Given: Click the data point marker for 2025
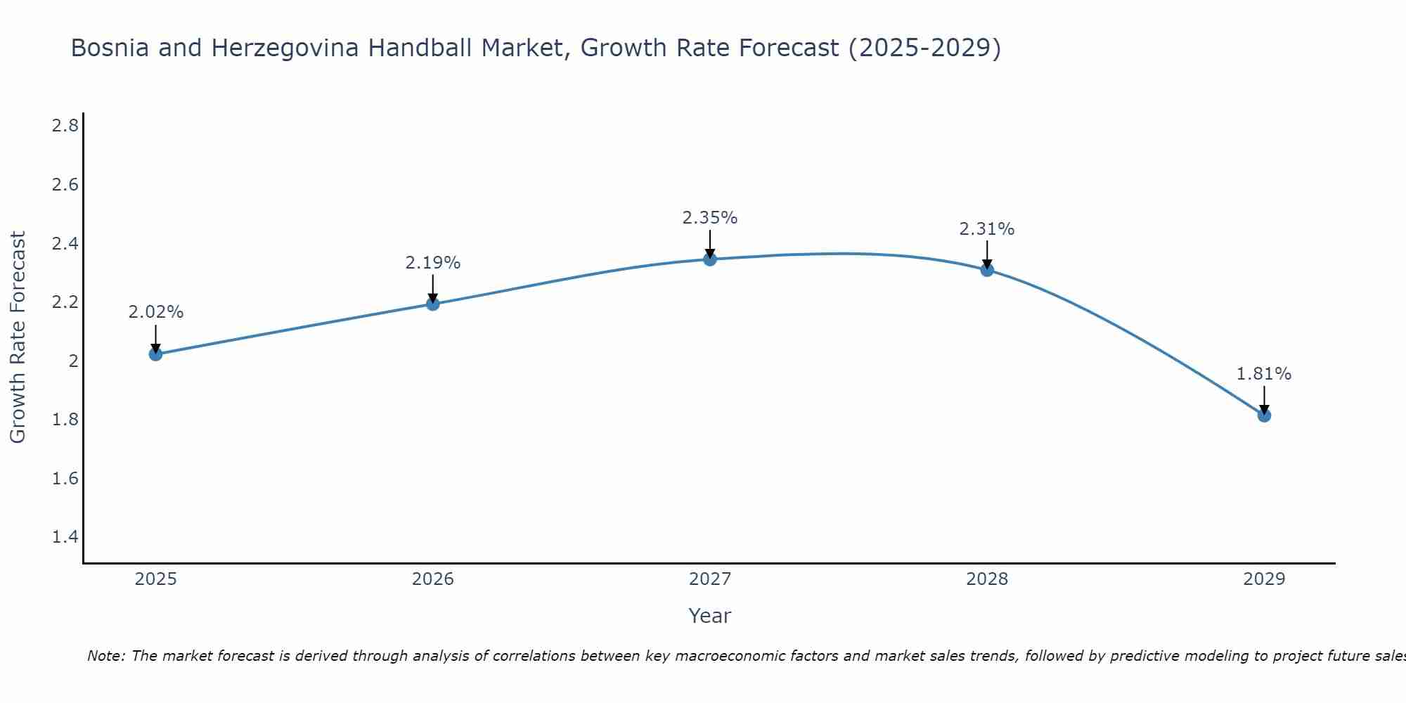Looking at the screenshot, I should coord(155,354).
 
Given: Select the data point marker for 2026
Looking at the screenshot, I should coord(432,304).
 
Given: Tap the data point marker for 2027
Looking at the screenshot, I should coord(709,259).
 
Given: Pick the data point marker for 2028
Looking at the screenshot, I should coord(986,269).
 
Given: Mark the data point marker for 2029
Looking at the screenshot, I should coord(1263,415).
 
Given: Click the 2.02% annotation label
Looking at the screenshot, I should coord(155,312).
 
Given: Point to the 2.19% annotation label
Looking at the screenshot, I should coord(432,263).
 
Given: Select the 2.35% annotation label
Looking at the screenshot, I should coord(709,218).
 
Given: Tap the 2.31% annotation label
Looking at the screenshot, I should coord(986,229).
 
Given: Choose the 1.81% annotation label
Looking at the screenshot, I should coord(1263,374).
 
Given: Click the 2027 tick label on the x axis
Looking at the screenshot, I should coord(709,579).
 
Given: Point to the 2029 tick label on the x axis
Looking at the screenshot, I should coord(1263,579).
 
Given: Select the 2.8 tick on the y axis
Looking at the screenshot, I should coord(65,126).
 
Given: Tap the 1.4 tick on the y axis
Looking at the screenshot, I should coord(65,537).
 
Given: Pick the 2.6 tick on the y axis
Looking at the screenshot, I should coord(65,185).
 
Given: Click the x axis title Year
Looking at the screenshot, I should coord(709,616).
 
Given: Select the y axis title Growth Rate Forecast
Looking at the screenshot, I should coord(18,337).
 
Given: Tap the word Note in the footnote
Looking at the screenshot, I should coord(105,656).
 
